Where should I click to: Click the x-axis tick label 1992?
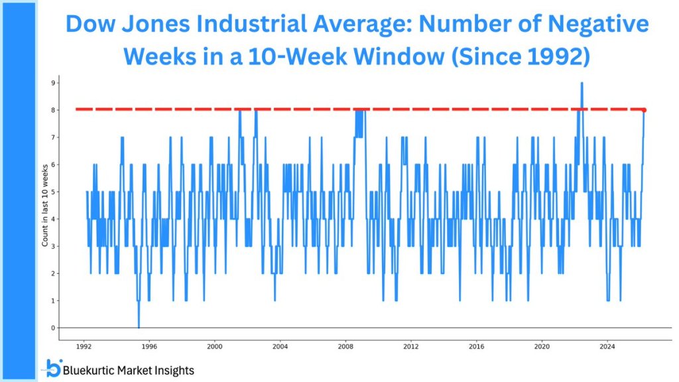tap(84, 346)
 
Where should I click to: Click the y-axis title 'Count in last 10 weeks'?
tap(45, 205)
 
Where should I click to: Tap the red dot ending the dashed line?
tap(644, 110)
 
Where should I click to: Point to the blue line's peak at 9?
tap(582, 84)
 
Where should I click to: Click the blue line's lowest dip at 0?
tap(139, 326)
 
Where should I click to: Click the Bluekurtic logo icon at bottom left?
tap(53, 368)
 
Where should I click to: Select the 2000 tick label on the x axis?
tap(214, 346)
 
